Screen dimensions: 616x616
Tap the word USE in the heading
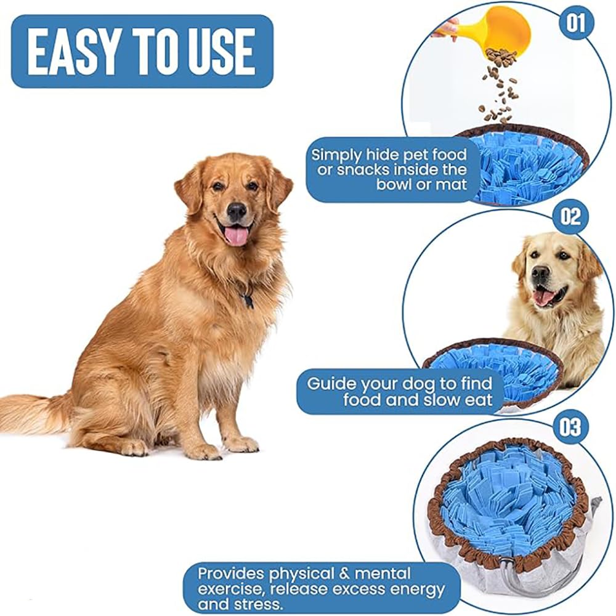[x=220, y=52]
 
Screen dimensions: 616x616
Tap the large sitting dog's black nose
[x=237, y=211]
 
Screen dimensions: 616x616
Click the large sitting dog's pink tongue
[x=236, y=236]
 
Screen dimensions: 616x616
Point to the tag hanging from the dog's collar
[x=248, y=301]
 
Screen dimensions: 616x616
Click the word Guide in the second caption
[x=331, y=384]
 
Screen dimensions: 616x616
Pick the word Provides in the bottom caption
[x=230, y=574]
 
